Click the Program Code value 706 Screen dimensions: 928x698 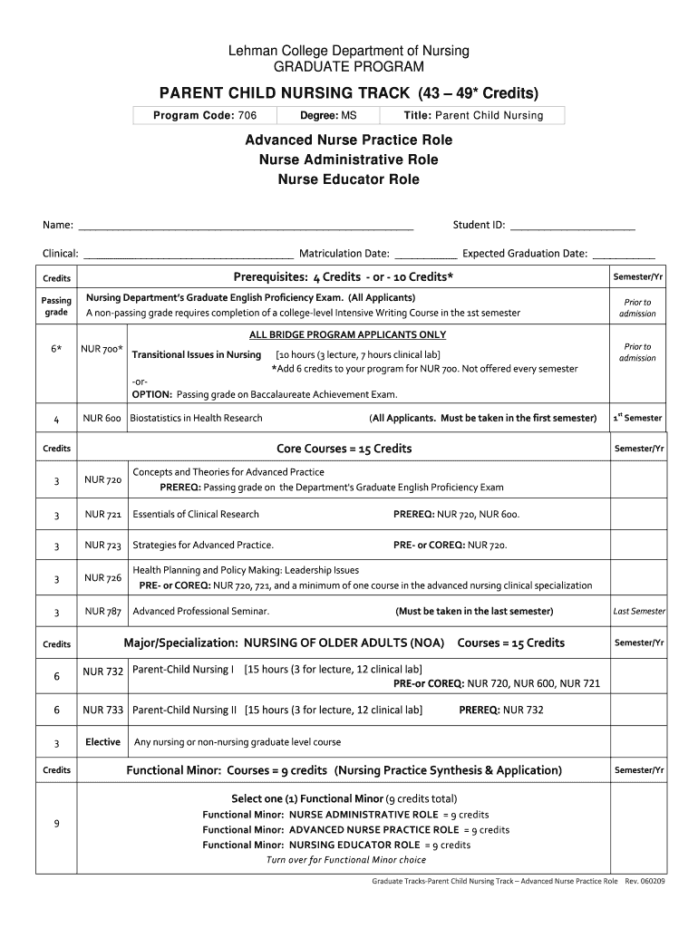pos(247,115)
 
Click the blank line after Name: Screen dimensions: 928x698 pos(246,227)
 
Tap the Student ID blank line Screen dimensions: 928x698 pos(573,227)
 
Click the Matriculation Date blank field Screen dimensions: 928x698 pos(426,255)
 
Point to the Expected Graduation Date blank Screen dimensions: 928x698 pos(624,255)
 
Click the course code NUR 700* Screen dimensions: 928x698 pos(102,349)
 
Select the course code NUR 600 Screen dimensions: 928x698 pos(102,418)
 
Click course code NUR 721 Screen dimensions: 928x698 pos(102,515)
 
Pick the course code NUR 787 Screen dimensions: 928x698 pos(102,612)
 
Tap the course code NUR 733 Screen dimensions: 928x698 pos(102,710)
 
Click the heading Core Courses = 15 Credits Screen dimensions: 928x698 pos(344,449)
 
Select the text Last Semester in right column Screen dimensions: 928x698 pos(638,612)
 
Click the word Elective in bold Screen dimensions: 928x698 pos(102,742)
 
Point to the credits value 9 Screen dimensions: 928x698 pos(56,824)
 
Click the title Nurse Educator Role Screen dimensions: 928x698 pos(348,179)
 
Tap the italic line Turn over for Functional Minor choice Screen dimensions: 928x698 pos(345,860)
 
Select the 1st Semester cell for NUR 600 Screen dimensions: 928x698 pos(637,418)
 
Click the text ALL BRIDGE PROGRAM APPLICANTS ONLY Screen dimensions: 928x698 pos(347,334)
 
